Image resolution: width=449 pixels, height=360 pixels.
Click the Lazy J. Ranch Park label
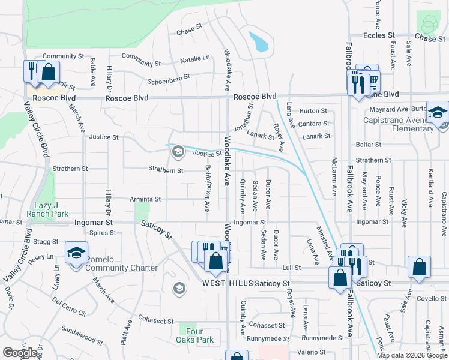point(47,209)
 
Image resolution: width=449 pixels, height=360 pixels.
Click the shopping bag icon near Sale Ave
point(419,268)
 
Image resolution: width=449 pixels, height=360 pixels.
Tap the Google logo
point(20,353)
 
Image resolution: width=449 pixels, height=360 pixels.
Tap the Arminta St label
point(145,199)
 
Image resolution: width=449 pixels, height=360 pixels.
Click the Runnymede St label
point(273,338)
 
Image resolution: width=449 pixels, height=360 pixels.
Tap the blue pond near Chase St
point(259,41)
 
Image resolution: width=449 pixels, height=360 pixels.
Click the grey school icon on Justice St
point(177,151)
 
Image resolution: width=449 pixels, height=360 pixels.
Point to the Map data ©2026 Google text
point(412,355)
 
